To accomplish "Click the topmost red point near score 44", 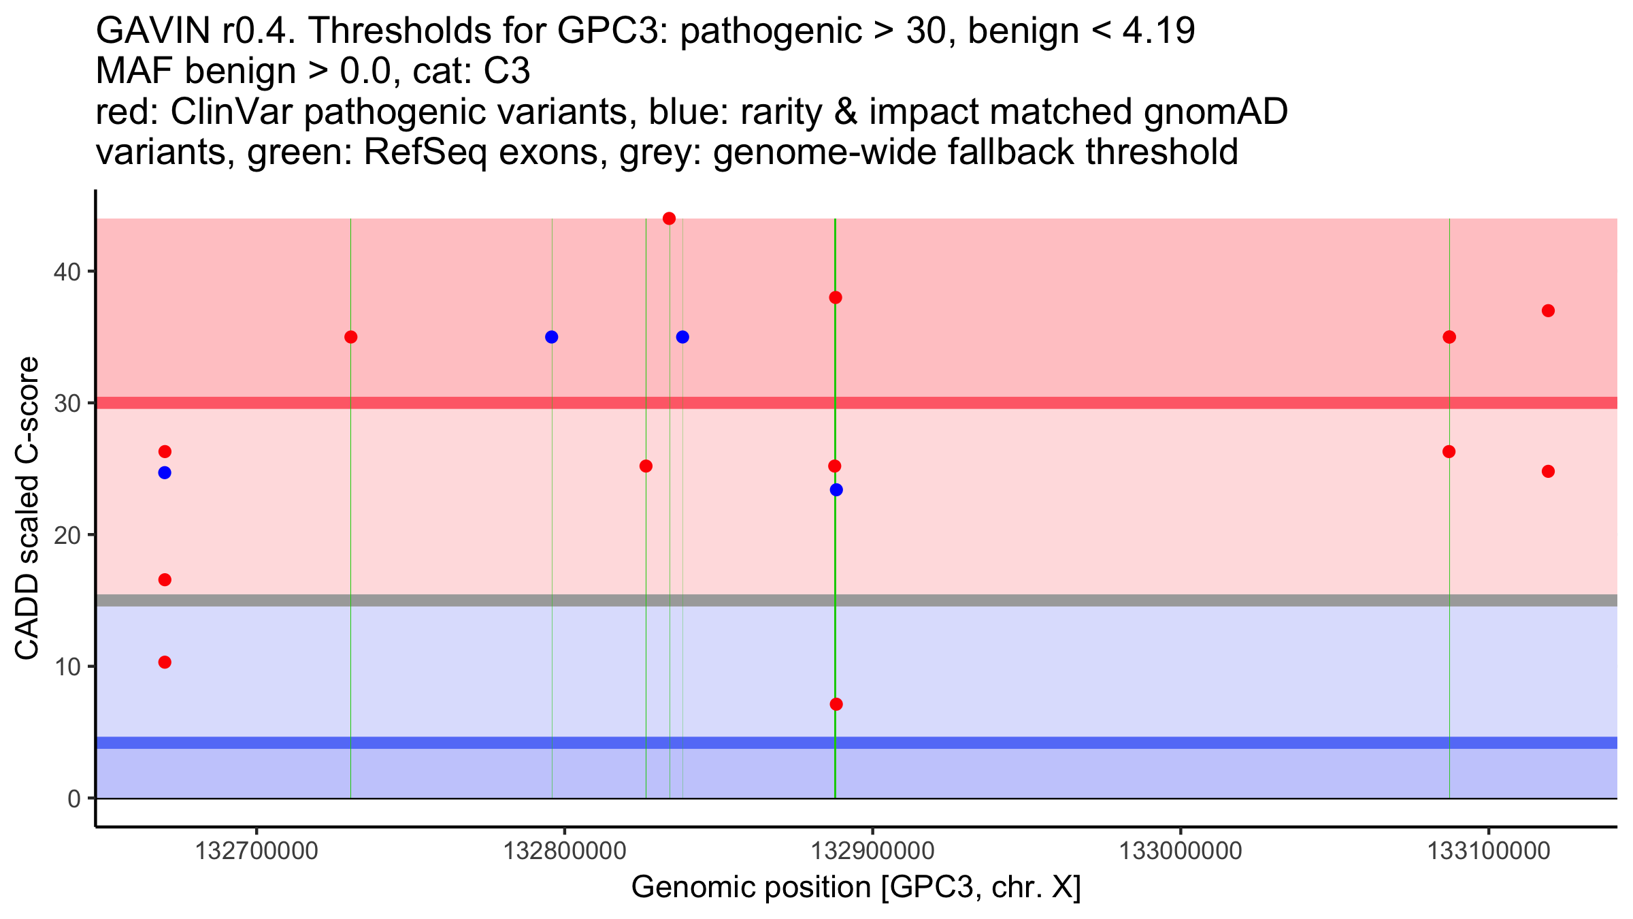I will click(669, 219).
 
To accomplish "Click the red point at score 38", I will click(836, 297).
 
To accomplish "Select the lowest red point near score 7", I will click(836, 704).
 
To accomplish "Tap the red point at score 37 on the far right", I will click(1548, 311).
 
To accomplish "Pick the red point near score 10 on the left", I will click(165, 662).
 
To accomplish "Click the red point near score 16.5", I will click(165, 580).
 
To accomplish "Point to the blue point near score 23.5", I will click(836, 490).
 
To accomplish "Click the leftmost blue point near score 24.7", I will click(165, 473).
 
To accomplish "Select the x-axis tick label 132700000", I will click(257, 851).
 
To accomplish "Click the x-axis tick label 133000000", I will click(1181, 851).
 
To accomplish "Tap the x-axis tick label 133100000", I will click(1488, 851).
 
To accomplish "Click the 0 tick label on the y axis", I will click(74, 799).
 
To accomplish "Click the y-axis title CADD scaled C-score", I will click(27, 509).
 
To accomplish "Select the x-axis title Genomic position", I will click(856, 888).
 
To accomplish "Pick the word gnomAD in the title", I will click(1215, 112).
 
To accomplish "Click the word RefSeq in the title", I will click(425, 152).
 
